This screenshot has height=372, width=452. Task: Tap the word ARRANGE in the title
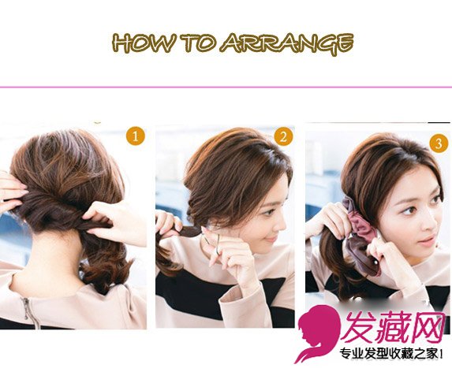coord(287,44)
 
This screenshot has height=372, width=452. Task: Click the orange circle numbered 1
coord(136,136)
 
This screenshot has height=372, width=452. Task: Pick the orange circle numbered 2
coord(283,137)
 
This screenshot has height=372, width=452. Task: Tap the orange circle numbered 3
coord(439,143)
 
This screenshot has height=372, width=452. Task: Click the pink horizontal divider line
coord(226,87)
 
